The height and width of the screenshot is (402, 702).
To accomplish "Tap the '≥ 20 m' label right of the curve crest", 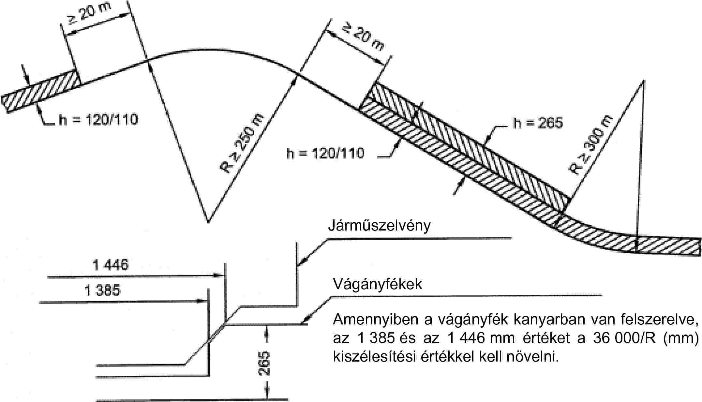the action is [x=362, y=36].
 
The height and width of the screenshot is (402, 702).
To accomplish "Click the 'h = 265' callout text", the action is [x=538, y=123].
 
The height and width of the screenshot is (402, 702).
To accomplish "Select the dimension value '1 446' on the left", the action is [x=111, y=265].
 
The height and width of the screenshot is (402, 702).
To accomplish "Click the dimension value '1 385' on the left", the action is [x=102, y=290].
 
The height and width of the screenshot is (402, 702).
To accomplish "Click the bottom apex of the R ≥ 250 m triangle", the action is [x=208, y=222].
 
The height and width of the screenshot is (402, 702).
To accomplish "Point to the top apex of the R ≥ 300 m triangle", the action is [x=644, y=80].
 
